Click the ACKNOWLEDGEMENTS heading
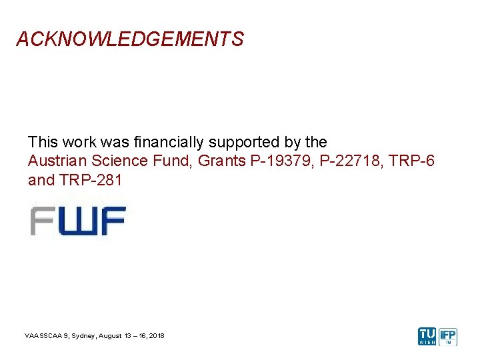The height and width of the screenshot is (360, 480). (x=130, y=39)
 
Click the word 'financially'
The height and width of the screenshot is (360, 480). (x=170, y=142)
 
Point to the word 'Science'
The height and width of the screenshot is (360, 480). (x=115, y=161)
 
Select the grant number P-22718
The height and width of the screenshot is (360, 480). (x=347, y=161)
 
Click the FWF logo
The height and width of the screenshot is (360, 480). (x=77, y=221)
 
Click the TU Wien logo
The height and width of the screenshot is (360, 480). (x=427, y=336)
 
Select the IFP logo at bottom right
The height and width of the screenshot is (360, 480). (x=448, y=336)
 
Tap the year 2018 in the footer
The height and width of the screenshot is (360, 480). (x=157, y=335)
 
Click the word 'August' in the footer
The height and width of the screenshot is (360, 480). (x=113, y=335)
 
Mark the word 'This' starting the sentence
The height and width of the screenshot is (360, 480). (x=42, y=142)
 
